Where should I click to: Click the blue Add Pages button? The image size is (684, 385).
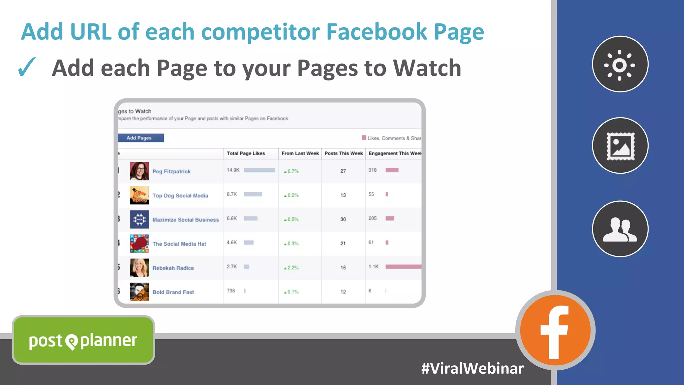(x=140, y=138)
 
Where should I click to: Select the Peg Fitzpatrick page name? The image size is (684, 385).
(x=171, y=171)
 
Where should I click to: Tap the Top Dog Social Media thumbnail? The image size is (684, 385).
(x=139, y=195)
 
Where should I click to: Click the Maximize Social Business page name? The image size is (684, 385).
(x=185, y=220)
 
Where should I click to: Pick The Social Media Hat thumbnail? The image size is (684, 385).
(x=139, y=243)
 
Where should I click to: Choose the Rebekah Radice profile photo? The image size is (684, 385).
(x=139, y=268)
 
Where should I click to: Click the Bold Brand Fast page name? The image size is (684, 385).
(x=173, y=292)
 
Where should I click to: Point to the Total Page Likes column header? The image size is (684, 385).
(x=246, y=153)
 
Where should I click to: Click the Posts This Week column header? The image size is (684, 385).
(x=343, y=153)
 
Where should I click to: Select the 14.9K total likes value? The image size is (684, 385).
(x=233, y=170)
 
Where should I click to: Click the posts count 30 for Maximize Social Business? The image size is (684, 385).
(x=343, y=219)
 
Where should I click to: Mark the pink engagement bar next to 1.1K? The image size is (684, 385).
(x=403, y=267)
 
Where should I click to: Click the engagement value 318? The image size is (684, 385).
(x=372, y=170)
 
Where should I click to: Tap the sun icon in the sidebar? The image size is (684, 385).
(x=620, y=64)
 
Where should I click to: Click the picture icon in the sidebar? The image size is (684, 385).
(x=620, y=146)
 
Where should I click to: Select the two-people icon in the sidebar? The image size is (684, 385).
(x=620, y=229)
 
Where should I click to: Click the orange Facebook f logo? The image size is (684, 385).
(x=555, y=331)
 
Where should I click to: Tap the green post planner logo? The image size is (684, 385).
(x=83, y=340)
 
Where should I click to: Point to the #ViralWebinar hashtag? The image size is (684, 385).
(x=472, y=368)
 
